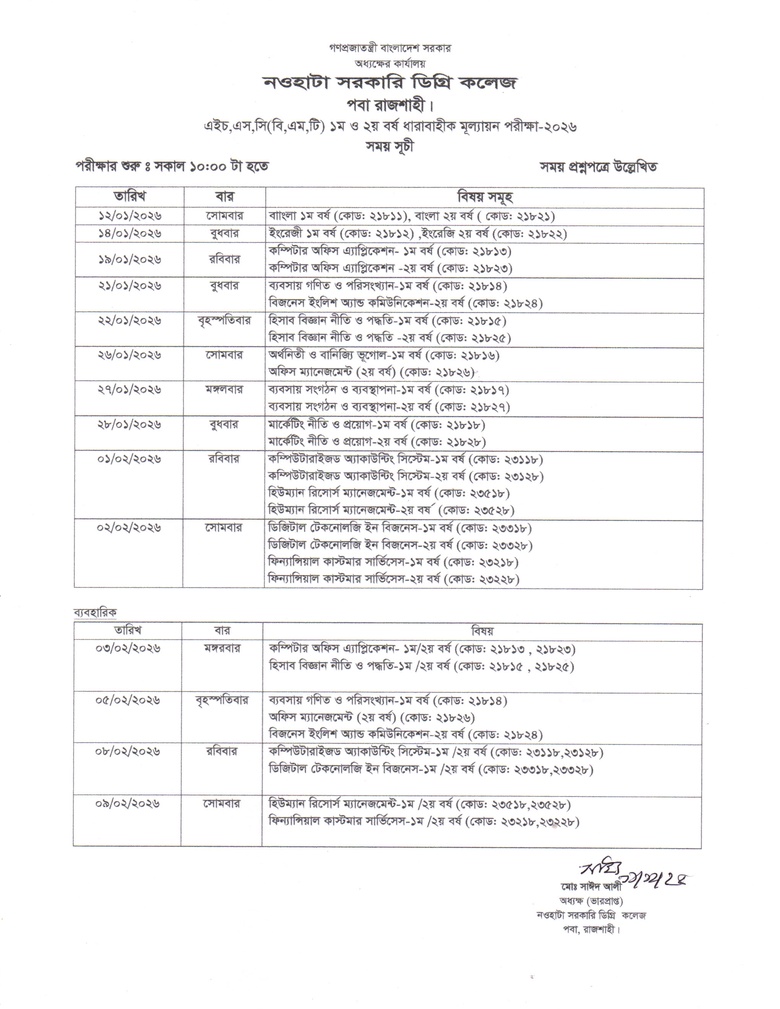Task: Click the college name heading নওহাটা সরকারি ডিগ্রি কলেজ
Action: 390,82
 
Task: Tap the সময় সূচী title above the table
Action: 390,146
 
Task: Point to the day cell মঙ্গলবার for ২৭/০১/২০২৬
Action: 224,389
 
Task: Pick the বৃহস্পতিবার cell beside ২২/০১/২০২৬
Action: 224,320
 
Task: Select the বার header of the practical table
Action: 222,631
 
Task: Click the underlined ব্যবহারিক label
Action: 95,613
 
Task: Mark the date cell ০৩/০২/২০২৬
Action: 128,648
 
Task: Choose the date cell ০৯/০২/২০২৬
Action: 128,803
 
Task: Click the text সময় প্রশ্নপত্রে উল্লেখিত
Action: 598,167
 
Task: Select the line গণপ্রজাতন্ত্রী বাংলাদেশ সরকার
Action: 390,48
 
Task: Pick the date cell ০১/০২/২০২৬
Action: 129,459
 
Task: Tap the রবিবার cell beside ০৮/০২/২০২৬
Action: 222,752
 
